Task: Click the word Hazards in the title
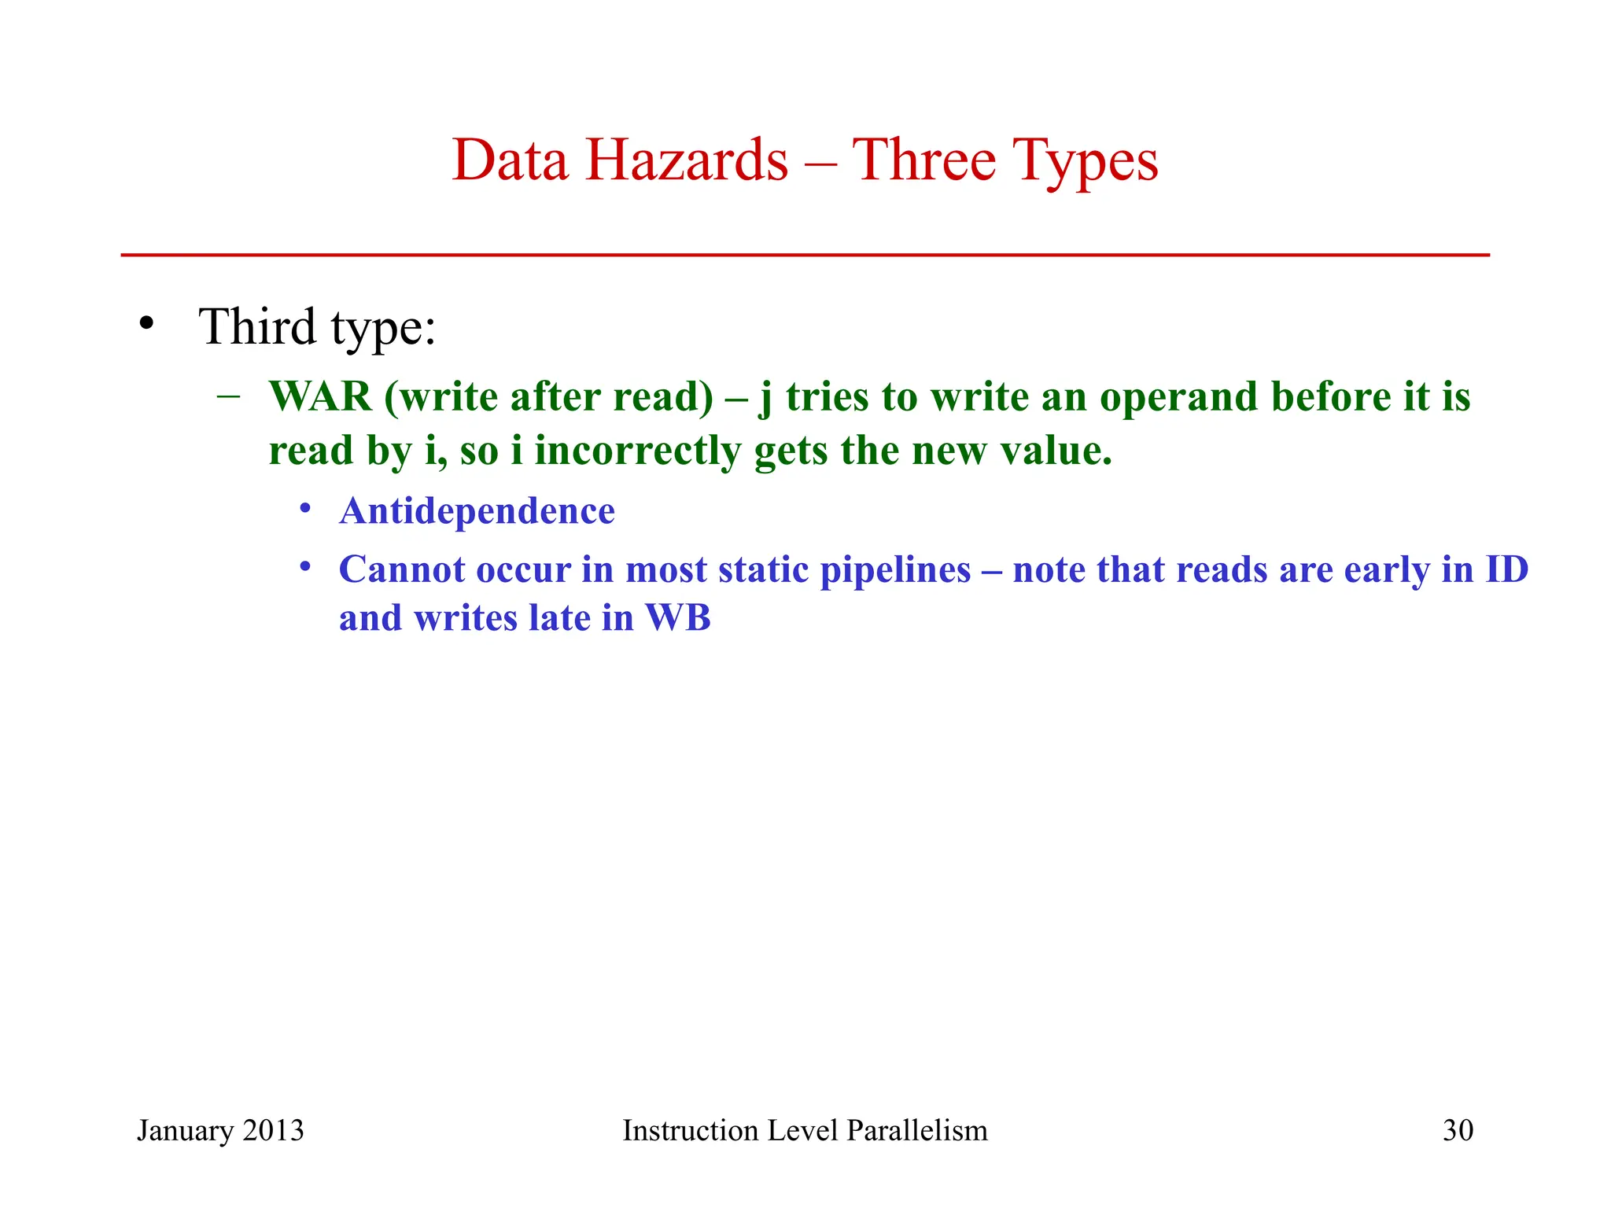pyautogui.click(x=686, y=160)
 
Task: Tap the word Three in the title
pyautogui.click(x=924, y=160)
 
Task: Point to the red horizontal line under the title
pyautogui.click(x=805, y=255)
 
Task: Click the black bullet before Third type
pyautogui.click(x=146, y=324)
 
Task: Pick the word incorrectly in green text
pyautogui.click(x=637, y=451)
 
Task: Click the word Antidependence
pyautogui.click(x=477, y=511)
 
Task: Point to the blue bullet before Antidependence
pyautogui.click(x=305, y=508)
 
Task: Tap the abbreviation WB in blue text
pyautogui.click(x=678, y=617)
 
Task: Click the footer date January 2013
pyautogui.click(x=220, y=1130)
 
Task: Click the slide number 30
pyautogui.click(x=1458, y=1130)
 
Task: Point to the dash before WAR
pyautogui.click(x=228, y=396)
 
